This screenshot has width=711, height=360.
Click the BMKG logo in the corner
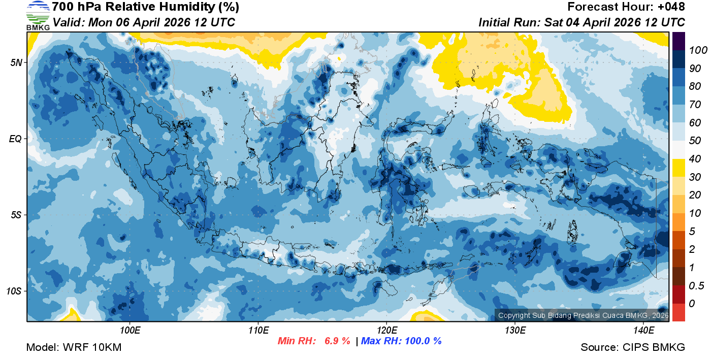tap(38, 15)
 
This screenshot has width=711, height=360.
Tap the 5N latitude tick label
tap(16, 62)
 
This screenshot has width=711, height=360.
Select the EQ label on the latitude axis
tap(16, 139)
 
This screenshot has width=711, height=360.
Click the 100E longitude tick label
tap(131, 331)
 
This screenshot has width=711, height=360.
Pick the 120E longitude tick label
tap(387, 331)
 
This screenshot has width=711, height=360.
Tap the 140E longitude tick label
tap(643, 331)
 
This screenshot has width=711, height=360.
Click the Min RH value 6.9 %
tap(337, 341)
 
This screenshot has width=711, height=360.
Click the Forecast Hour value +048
tap(669, 7)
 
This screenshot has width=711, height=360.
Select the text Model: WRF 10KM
tap(74, 348)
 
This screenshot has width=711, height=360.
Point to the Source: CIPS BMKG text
tap(633, 348)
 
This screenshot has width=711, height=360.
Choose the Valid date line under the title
tap(144, 22)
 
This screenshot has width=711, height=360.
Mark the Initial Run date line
tap(581, 22)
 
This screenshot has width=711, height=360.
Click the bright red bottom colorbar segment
tap(678, 312)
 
